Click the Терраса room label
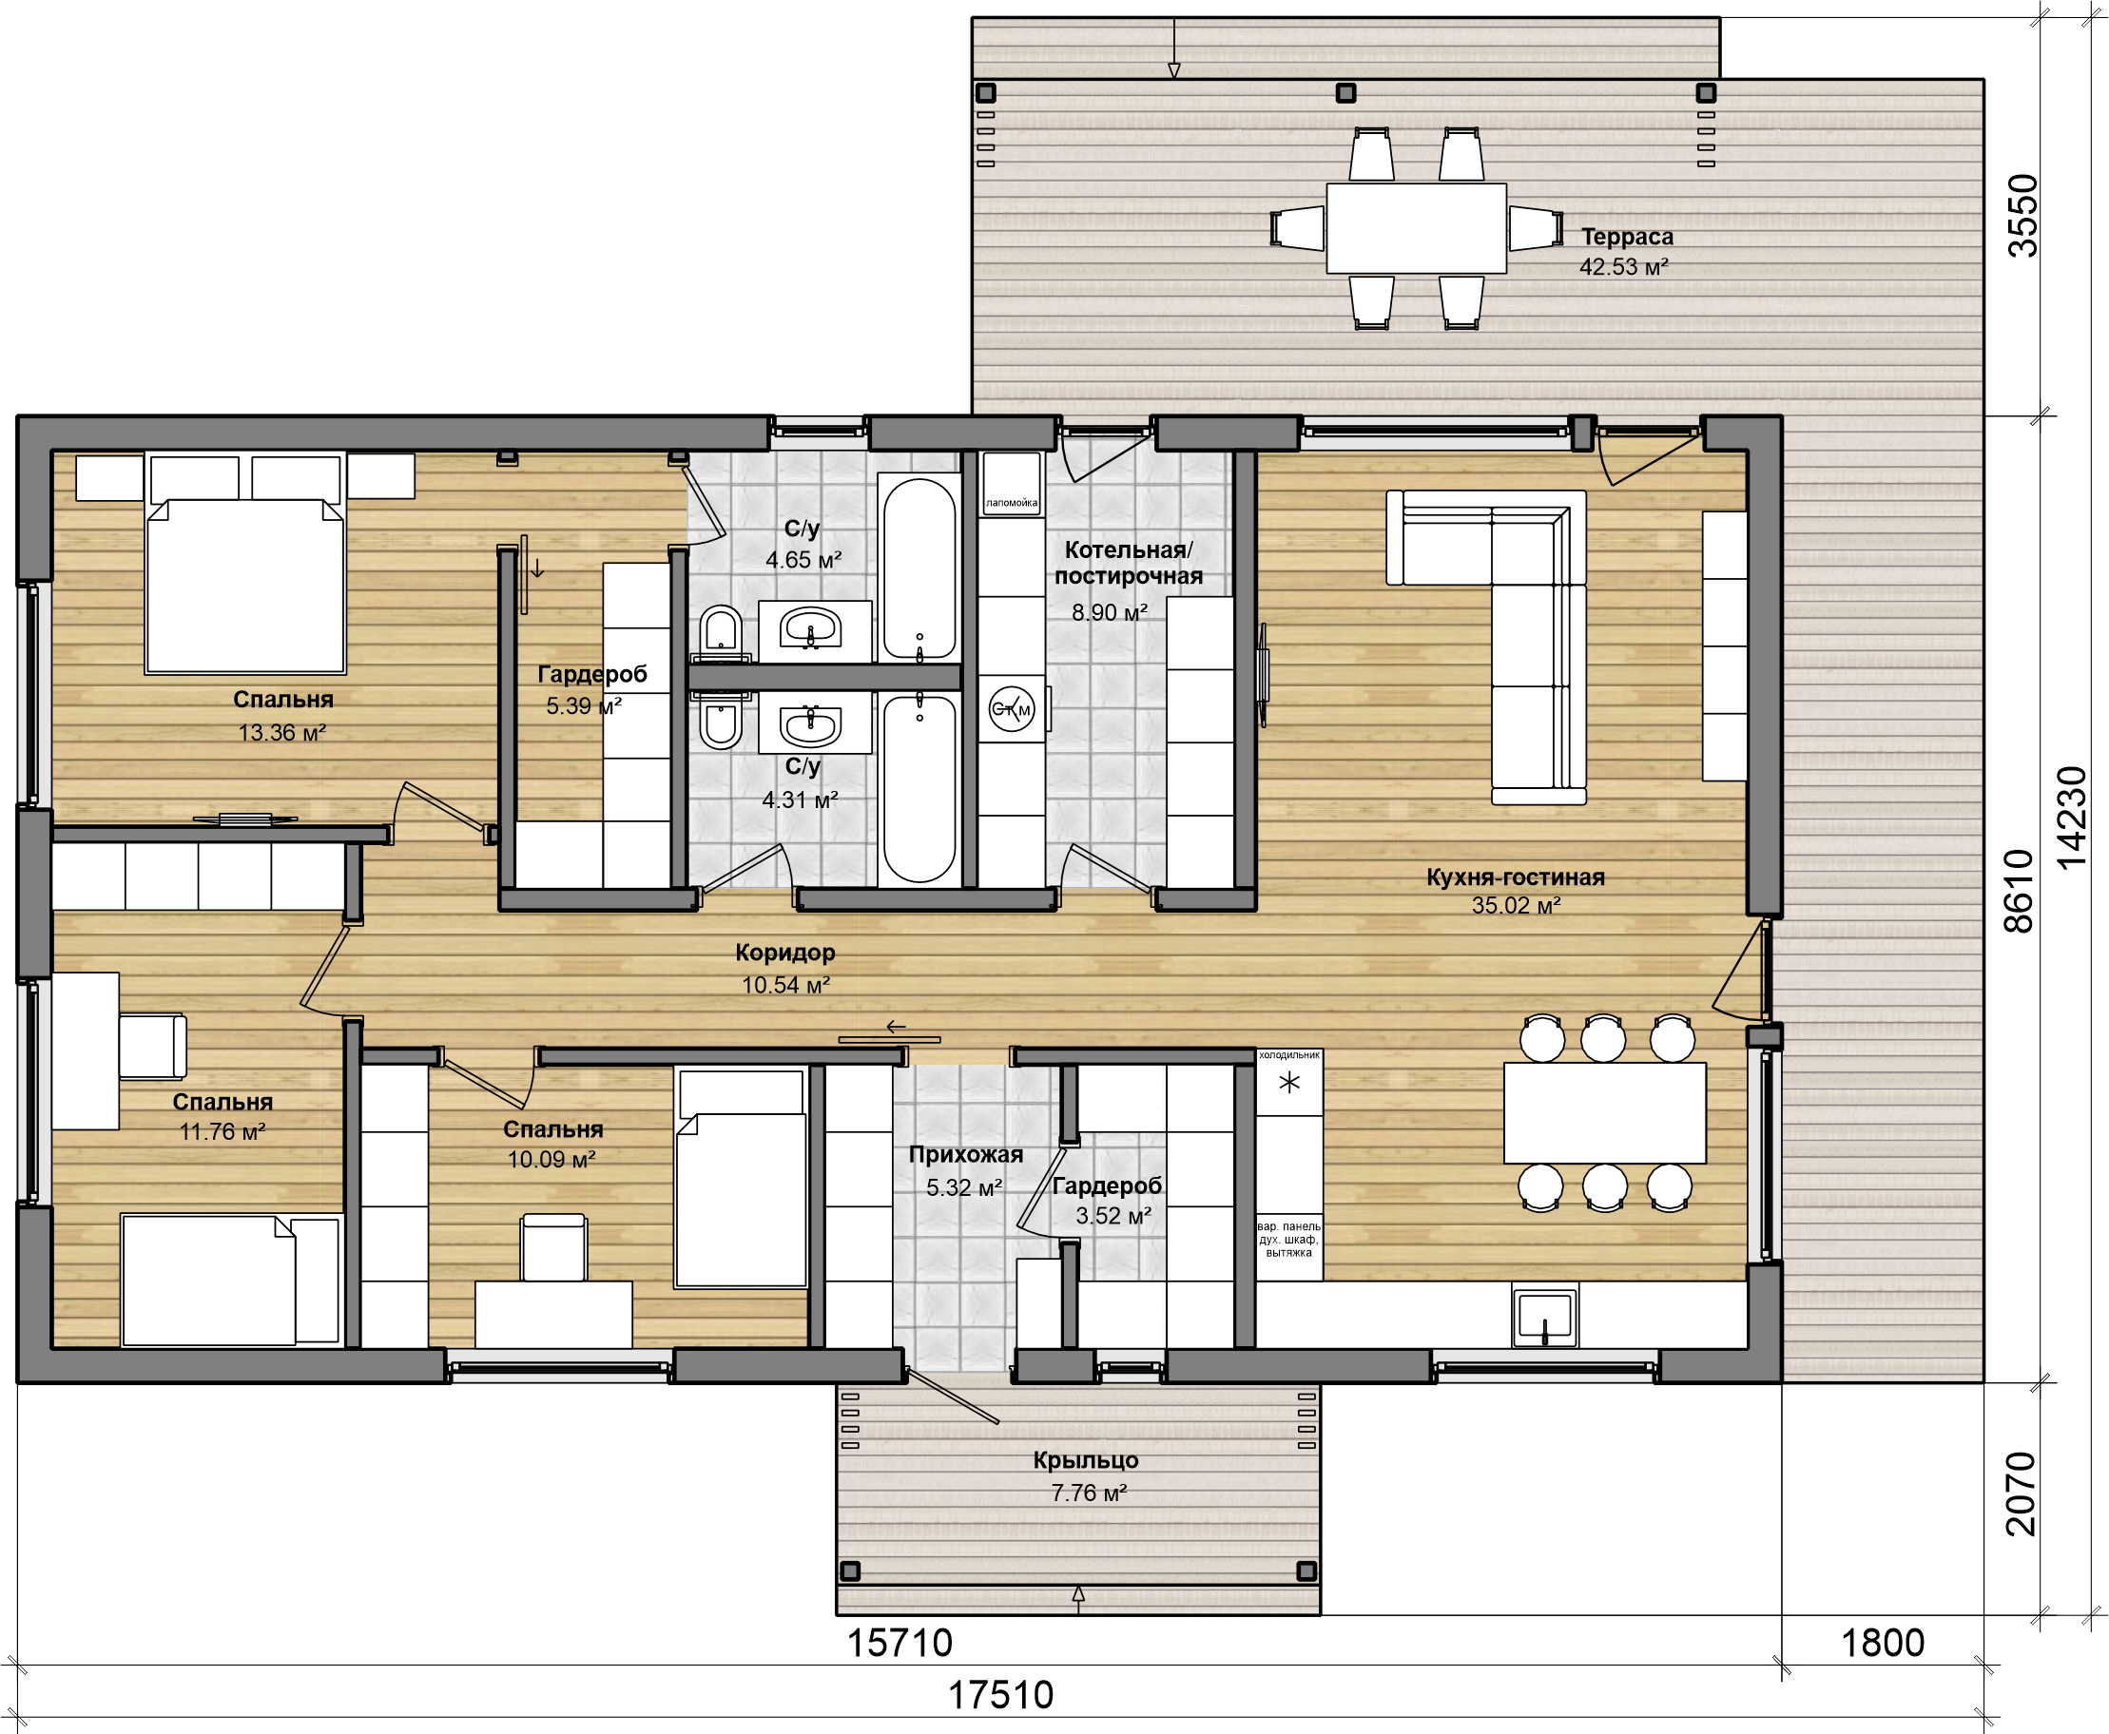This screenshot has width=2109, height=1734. (1627, 237)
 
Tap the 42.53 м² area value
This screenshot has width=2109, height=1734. (1623, 267)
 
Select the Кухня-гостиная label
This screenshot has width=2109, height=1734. (1516, 877)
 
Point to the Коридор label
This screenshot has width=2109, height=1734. (785, 953)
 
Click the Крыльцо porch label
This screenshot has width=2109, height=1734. (1086, 1460)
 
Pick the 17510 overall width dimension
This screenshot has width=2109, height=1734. (1000, 1695)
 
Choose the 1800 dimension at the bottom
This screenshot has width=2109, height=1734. (1882, 1643)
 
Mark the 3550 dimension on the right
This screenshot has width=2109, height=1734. (2022, 216)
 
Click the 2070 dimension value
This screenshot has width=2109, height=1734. (2020, 1494)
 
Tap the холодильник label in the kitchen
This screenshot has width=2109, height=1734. (1288, 1055)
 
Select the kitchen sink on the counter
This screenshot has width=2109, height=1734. (1544, 1317)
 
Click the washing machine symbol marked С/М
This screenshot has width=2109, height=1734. (1011, 709)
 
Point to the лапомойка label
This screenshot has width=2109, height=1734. (1011, 502)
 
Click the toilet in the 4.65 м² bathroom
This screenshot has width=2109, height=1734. (721, 633)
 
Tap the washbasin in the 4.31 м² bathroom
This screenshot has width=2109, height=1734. (810, 723)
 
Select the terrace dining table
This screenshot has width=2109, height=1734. (1416, 228)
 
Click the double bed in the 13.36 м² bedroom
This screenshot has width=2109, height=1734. (245, 564)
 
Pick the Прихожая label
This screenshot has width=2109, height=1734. (965, 1155)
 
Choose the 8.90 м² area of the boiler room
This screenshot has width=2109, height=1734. (1109, 612)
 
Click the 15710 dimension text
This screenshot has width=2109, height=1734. (900, 1643)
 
